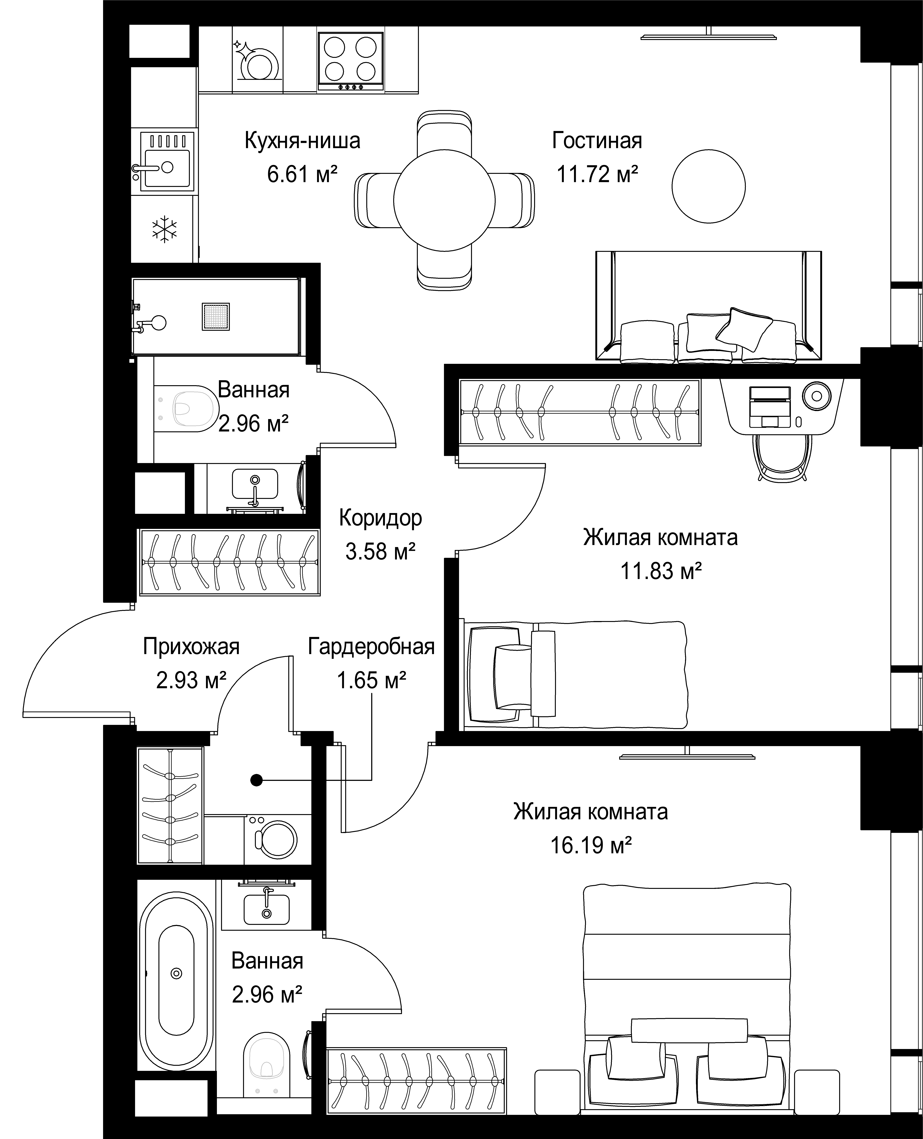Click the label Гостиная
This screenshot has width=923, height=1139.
tap(597, 140)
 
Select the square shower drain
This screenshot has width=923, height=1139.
tap(216, 317)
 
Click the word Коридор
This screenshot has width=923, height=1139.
tap(381, 517)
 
